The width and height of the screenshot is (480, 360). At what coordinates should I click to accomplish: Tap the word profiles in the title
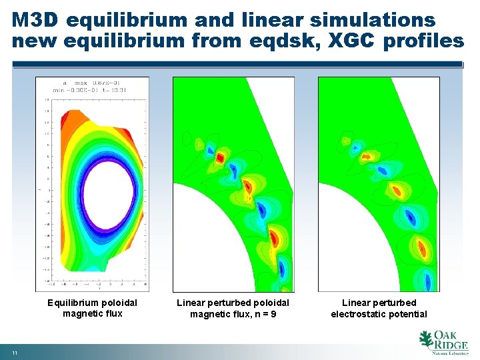tap(425, 41)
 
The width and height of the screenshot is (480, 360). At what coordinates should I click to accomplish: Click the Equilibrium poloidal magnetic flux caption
tap(92, 308)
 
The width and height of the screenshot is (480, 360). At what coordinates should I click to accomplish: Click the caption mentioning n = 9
tap(233, 308)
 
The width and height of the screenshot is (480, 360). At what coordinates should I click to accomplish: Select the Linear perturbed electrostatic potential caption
tap(379, 308)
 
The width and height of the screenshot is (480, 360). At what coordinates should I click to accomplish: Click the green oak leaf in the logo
tap(425, 340)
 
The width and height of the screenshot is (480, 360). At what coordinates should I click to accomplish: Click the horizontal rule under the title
tap(237, 65)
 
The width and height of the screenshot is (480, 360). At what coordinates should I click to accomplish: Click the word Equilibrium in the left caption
tap(71, 303)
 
